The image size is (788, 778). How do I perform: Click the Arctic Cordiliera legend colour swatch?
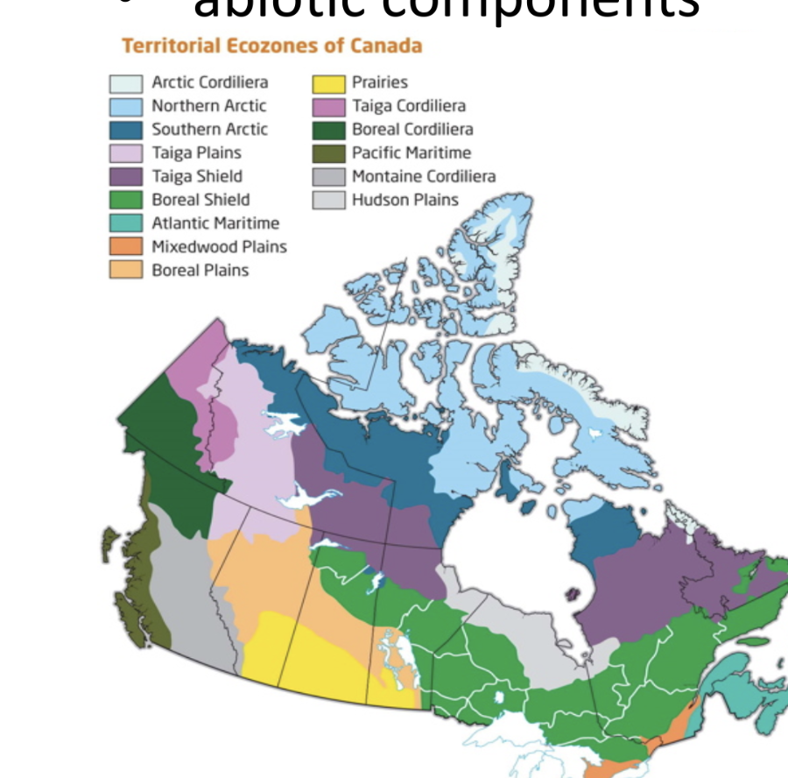126,83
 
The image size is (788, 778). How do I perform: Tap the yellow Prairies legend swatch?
328,83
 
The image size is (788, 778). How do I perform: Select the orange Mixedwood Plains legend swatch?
126,247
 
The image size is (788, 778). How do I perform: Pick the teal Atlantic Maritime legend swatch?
126,223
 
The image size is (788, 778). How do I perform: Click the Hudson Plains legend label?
405,200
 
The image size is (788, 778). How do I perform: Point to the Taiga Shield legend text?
196,176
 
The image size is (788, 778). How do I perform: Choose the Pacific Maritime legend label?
411,152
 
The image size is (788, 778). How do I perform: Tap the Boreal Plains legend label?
200,271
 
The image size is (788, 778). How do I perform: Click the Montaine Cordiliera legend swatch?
328,176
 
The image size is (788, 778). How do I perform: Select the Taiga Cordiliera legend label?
408,106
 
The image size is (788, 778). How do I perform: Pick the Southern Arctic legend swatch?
126,130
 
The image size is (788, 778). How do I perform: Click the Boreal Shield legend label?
200,200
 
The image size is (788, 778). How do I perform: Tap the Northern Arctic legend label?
208,106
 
